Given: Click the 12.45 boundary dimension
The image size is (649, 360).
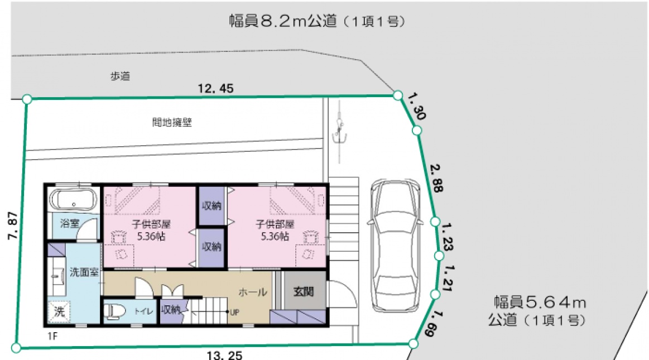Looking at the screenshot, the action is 215,88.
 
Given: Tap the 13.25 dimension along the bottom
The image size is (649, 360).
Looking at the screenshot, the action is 224,355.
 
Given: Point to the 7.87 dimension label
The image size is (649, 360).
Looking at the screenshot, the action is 13,225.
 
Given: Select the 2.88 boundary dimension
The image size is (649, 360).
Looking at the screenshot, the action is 437,179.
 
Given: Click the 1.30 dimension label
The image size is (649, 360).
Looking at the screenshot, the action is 417,107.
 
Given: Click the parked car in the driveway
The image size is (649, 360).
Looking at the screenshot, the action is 395,246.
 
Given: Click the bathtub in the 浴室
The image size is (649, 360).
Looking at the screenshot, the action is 73,199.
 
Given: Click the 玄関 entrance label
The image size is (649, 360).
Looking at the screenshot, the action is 304,292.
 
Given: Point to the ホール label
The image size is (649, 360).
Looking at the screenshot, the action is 252,292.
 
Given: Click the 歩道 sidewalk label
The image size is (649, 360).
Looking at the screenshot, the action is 120,76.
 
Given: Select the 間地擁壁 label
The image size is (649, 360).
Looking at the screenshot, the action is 172,122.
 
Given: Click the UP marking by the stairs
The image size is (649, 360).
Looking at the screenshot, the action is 234,313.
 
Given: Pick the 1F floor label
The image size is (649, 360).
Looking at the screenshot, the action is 52,337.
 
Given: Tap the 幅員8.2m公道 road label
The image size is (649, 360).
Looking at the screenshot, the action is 283,21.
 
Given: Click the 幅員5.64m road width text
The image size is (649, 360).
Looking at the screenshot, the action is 540,303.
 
